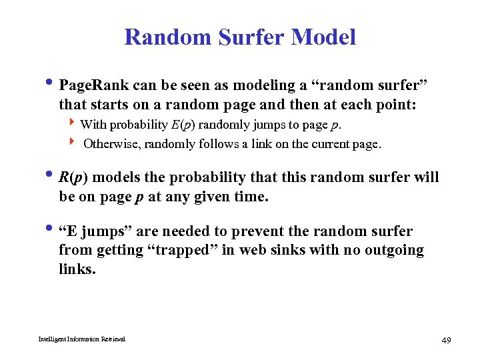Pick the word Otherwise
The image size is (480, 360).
[x=110, y=143]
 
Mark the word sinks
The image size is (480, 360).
[x=279, y=250]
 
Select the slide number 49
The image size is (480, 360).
[x=446, y=341]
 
